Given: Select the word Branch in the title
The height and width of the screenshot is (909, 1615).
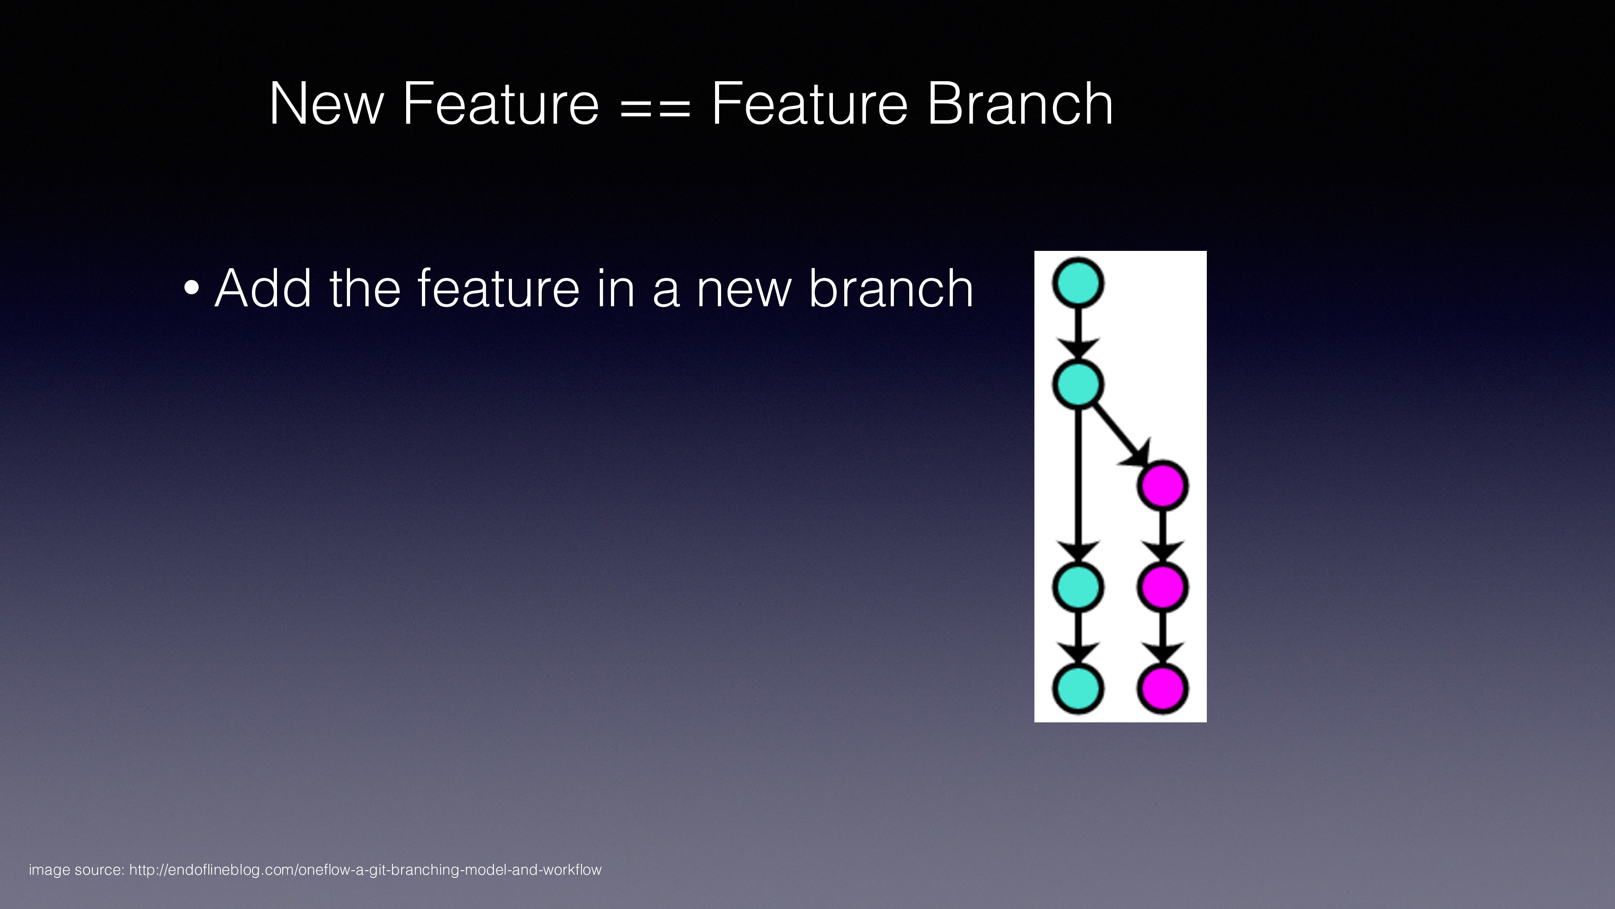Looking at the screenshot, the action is [1019, 104].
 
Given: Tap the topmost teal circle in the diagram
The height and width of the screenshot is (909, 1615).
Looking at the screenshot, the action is [1078, 283].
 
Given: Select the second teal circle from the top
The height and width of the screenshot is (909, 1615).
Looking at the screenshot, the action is [1078, 384].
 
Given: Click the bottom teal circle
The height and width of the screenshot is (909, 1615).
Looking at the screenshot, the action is [1078, 688].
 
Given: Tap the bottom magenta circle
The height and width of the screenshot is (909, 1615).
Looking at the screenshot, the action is [1163, 688].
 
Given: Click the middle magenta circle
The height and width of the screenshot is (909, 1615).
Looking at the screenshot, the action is [1163, 587].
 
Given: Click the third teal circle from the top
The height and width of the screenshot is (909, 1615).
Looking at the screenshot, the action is [1078, 587].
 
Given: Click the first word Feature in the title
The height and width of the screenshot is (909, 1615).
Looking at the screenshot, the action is [500, 104].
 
